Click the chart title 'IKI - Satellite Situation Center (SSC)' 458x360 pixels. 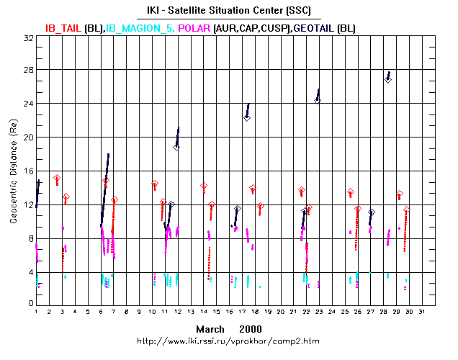coord(229,9)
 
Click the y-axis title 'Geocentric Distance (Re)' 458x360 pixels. coord(13,171)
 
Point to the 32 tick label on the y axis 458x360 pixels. coord(29,37)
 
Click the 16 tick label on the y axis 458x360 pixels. coord(29,171)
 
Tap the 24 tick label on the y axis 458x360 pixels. coord(29,104)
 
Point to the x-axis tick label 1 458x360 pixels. coord(37,312)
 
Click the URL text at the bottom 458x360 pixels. coord(229,340)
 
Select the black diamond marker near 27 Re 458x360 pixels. coord(388,79)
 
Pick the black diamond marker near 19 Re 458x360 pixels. coord(176,147)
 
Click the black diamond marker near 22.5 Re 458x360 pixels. coord(246,117)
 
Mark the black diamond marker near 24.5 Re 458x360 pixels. coord(317,100)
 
